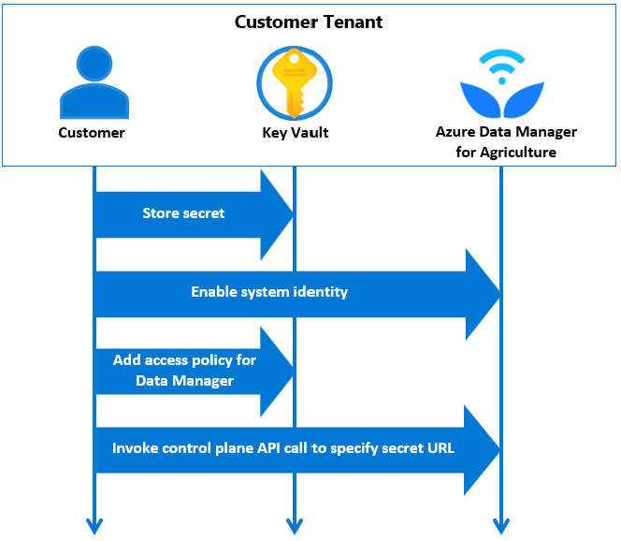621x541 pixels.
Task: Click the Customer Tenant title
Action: pyautogui.click(x=309, y=22)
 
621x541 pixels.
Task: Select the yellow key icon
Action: pyautogui.click(x=294, y=81)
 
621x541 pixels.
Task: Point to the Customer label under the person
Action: pyautogui.click(x=92, y=133)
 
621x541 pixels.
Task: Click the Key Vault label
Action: pyautogui.click(x=295, y=133)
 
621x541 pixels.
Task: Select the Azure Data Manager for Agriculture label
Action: pyautogui.click(x=506, y=142)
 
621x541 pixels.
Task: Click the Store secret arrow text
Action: pyautogui.click(x=183, y=213)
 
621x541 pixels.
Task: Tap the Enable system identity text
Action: pyautogui.click(x=269, y=292)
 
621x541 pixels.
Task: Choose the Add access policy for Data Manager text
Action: pyautogui.click(x=184, y=371)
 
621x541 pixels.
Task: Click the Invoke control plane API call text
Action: pyautogui.click(x=283, y=448)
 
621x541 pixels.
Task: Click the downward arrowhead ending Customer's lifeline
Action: pyautogui.click(x=94, y=526)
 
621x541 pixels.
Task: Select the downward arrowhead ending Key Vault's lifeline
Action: pyautogui.click(x=294, y=526)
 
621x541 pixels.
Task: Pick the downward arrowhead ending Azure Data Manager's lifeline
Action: pyautogui.click(x=501, y=526)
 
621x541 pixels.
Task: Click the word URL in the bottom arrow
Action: pyautogui.click(x=438, y=448)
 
